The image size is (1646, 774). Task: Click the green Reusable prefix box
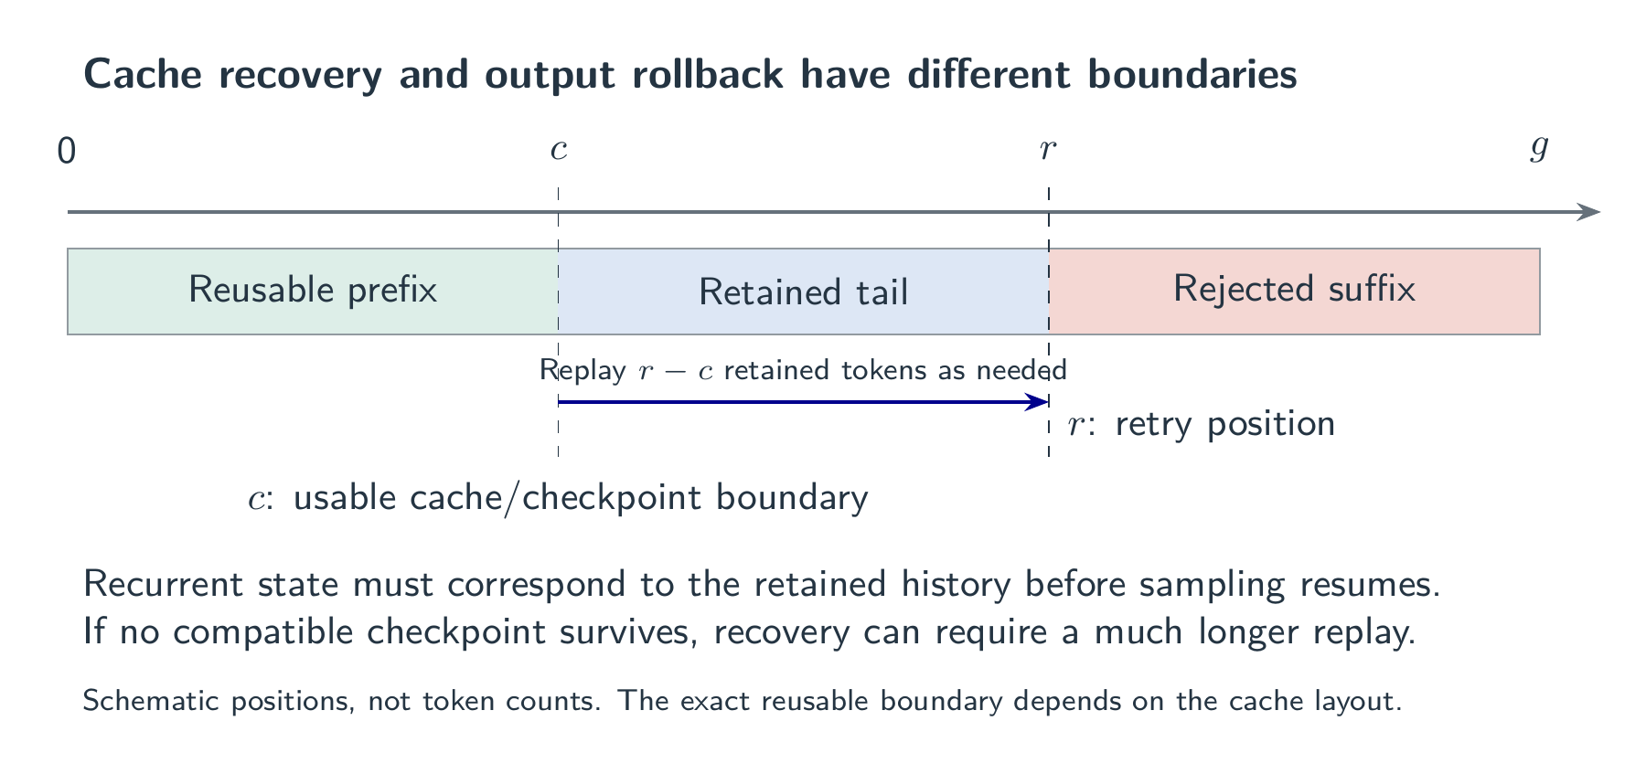click(x=313, y=291)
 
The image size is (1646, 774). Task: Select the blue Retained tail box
click(x=803, y=291)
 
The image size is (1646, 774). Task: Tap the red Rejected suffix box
click(x=1294, y=291)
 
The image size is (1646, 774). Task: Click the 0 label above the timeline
click(x=67, y=151)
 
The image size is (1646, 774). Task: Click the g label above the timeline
click(x=1539, y=151)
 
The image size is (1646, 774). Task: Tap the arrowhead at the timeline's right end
click(x=1590, y=212)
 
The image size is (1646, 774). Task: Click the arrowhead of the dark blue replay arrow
click(x=1038, y=401)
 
